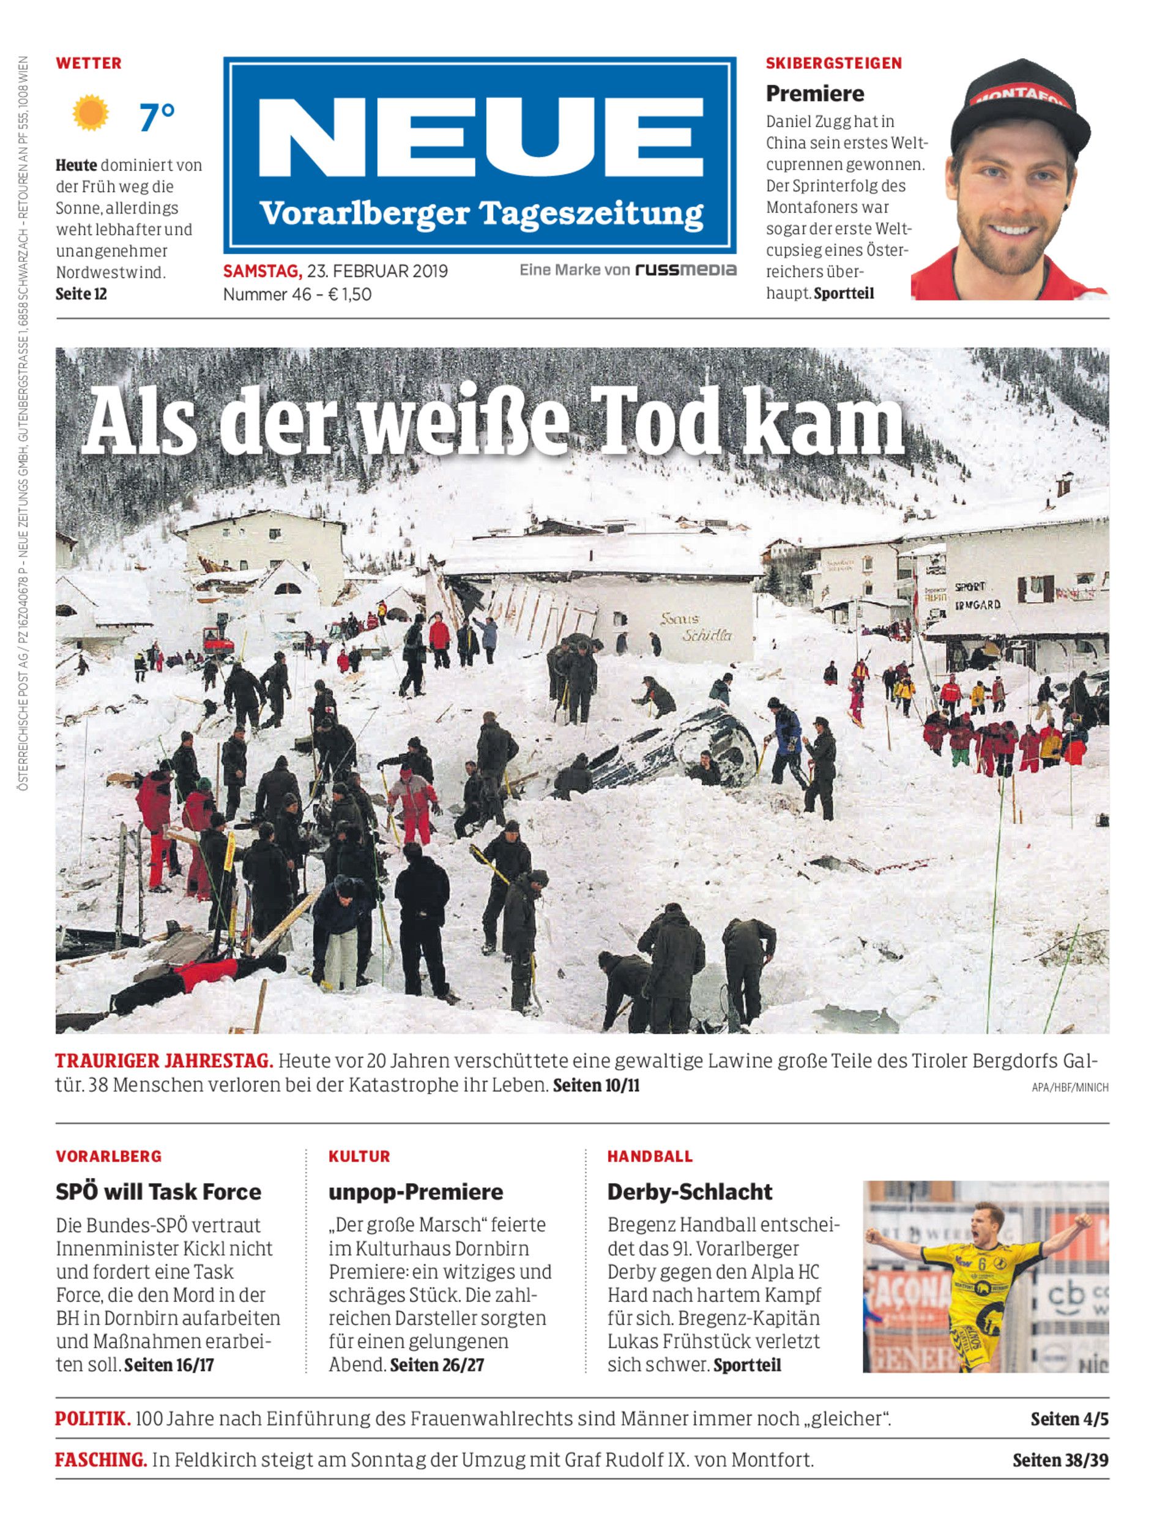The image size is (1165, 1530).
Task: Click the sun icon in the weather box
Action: pos(91,113)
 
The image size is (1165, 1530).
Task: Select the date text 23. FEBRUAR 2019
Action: pos(378,271)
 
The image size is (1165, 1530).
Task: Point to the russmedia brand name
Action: pos(686,270)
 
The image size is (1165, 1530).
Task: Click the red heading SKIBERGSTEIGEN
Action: pos(833,63)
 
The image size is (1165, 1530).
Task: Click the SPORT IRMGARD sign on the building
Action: pos(977,595)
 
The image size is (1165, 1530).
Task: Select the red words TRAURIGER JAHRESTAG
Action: pos(163,1061)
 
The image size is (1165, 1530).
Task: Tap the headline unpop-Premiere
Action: pos(415,1192)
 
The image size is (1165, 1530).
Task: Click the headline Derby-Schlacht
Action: pos(690,1192)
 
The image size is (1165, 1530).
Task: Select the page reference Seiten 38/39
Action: pos(1060,1460)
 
